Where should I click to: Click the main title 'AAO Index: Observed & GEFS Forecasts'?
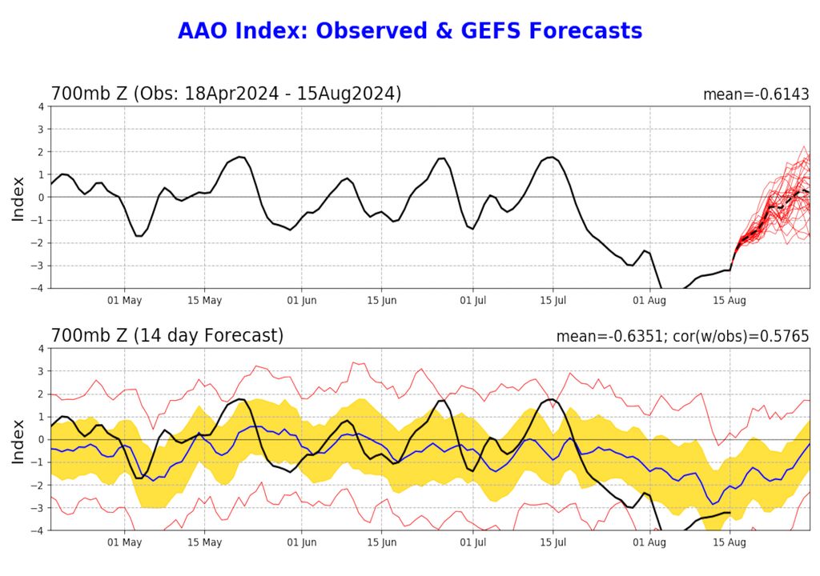click(410, 31)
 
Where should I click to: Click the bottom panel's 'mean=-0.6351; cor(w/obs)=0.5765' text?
click(682, 337)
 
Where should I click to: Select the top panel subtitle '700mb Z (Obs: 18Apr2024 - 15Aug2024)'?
click(226, 94)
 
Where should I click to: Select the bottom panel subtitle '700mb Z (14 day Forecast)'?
click(167, 336)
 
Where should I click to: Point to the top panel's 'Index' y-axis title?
click(18, 197)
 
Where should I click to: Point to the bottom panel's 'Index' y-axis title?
click(18, 439)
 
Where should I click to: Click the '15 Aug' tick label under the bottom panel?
click(730, 543)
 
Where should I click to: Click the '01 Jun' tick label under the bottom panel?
click(302, 543)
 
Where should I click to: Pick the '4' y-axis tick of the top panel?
click(40, 106)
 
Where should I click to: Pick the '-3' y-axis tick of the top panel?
click(38, 266)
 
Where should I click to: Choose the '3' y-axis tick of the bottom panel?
click(40, 371)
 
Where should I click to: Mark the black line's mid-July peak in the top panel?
click(552, 157)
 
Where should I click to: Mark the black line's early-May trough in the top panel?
click(139, 236)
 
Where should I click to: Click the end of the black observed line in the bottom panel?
click(730, 512)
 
